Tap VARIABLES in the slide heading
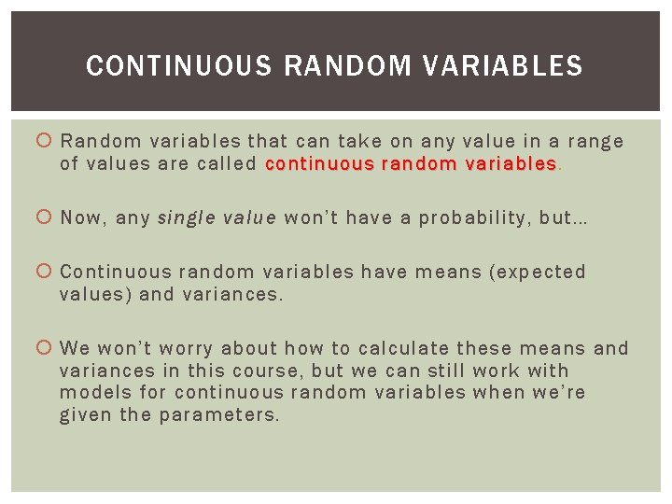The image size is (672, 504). pyautogui.click(x=499, y=66)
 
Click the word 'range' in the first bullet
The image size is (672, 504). pyautogui.click(x=595, y=142)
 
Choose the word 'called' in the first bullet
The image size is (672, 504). pyautogui.click(x=227, y=164)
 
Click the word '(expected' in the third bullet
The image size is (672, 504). pyautogui.click(x=540, y=273)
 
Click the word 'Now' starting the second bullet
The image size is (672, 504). pyautogui.click(x=81, y=218)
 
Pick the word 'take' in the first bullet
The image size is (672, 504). pyautogui.click(x=356, y=142)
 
